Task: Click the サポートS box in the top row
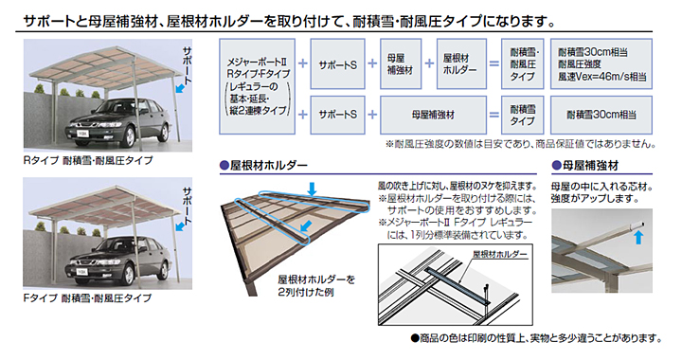337,63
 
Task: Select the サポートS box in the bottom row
337,115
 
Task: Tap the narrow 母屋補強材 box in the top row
401,63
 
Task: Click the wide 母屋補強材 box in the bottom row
433,115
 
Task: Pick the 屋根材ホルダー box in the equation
461,63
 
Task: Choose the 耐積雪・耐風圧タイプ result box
522,63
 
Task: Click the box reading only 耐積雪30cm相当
601,115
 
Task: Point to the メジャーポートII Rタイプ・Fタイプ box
257,86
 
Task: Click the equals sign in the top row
494,63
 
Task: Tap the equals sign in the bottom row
494,115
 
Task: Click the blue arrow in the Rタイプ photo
180,89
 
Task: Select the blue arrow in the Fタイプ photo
180,226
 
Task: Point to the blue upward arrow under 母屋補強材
638,238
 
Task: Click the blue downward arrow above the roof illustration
312,189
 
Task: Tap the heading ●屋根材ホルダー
263,165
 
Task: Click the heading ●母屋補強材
585,165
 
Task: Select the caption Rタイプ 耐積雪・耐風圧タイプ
88,160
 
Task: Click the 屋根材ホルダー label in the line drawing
500,254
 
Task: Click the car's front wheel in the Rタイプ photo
129,137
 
